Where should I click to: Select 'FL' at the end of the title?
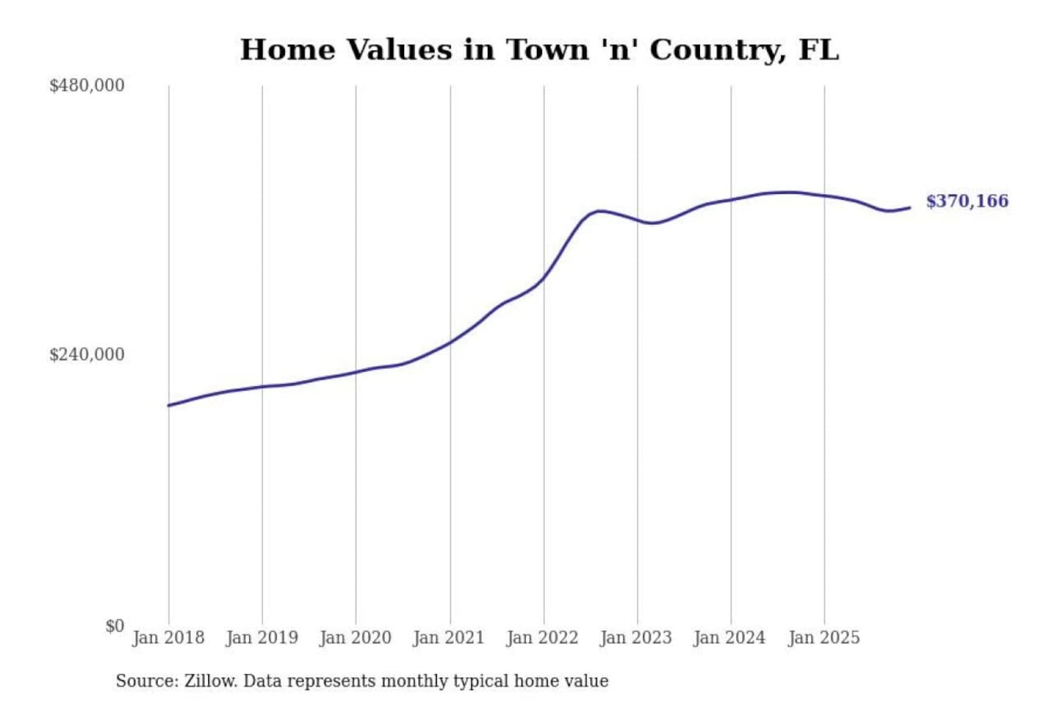[818, 50]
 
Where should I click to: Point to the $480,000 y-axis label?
[87, 86]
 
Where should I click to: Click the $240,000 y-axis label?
[87, 355]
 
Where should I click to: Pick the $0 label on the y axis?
[115, 626]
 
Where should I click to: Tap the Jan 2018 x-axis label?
[168, 638]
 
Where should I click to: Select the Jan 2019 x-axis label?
[262, 638]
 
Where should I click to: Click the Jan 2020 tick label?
[356, 638]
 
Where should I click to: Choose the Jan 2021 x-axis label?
[449, 638]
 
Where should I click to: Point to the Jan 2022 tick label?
[543, 638]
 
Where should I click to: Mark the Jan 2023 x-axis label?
[636, 638]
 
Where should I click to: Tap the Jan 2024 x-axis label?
[730, 638]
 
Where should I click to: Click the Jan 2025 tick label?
[824, 638]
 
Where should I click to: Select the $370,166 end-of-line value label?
[967, 201]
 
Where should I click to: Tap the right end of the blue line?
[910, 208]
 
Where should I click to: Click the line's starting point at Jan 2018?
[169, 405]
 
